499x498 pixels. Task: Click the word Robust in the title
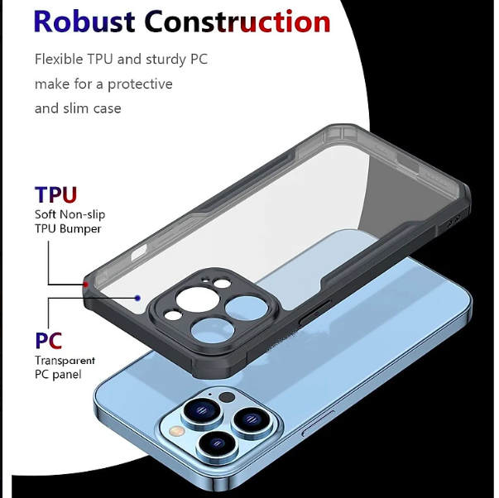tap(84, 22)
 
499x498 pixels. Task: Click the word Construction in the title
tap(238, 22)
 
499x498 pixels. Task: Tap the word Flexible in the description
tap(59, 60)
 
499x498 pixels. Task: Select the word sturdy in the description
tap(166, 60)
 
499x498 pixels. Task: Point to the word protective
tap(140, 84)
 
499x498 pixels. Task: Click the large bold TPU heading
tap(55, 194)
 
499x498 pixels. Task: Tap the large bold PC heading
tap(48, 340)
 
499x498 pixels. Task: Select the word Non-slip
tap(83, 214)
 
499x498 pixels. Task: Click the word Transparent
tap(65, 361)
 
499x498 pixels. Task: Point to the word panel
tap(67, 374)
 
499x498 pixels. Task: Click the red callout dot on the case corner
tap(86, 285)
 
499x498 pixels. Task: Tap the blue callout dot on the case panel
tap(137, 298)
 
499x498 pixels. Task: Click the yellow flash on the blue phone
tap(177, 431)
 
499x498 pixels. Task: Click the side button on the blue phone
tap(319, 423)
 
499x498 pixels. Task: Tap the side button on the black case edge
tap(314, 314)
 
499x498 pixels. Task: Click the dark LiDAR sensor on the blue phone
tap(228, 397)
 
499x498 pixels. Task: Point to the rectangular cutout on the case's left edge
tap(139, 251)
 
